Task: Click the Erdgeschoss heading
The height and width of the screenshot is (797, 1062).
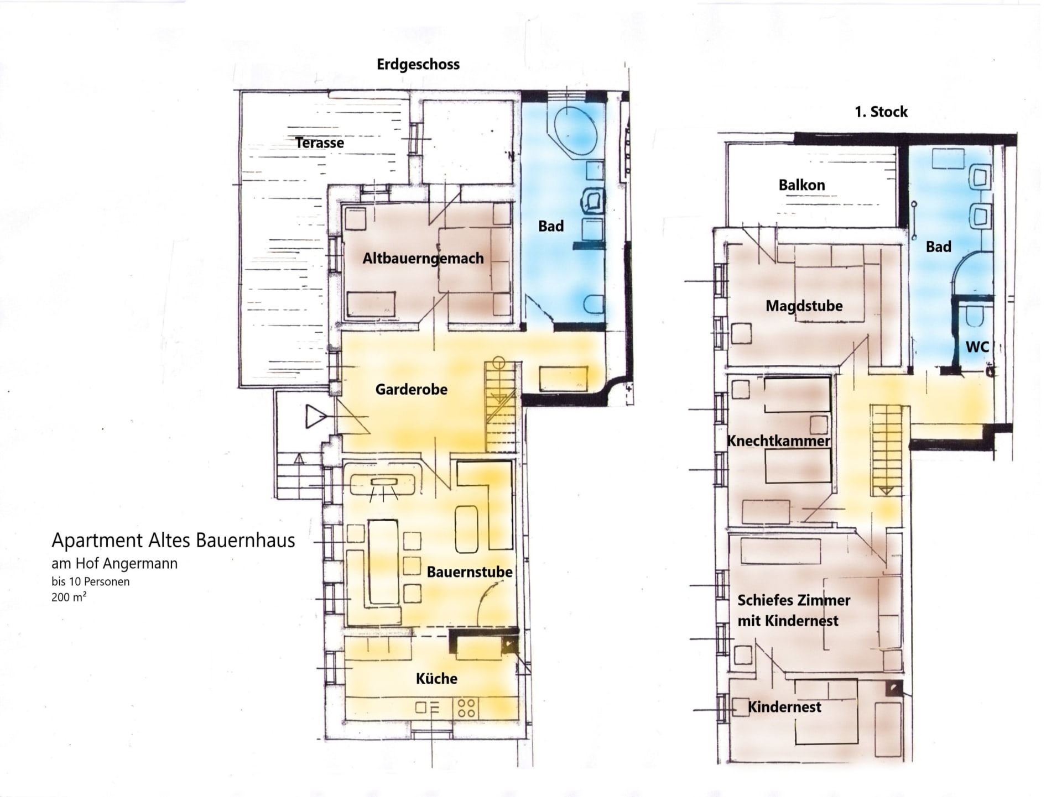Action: click(x=418, y=65)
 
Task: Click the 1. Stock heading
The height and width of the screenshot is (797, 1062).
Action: click(x=881, y=112)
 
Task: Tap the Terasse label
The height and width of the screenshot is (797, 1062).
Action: click(x=320, y=143)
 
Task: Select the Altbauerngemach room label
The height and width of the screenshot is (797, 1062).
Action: click(x=423, y=259)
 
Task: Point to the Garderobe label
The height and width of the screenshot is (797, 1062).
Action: click(x=412, y=390)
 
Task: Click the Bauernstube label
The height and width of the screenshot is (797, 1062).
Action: click(x=470, y=572)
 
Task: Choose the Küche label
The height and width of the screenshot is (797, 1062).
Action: click(x=437, y=679)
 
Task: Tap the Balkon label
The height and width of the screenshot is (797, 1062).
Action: click(x=802, y=185)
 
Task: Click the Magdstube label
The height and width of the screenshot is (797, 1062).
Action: click(x=804, y=306)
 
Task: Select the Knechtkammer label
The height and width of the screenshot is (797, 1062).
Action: click(x=778, y=441)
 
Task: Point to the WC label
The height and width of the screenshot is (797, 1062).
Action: click(x=977, y=347)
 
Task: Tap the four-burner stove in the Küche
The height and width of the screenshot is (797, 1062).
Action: click(x=466, y=708)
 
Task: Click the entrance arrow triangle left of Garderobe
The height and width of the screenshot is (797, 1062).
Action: click(x=316, y=416)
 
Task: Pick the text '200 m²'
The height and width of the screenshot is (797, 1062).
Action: click(x=69, y=597)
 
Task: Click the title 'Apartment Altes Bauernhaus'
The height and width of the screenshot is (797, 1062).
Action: click(x=173, y=541)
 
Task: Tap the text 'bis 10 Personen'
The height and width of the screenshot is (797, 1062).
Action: click(x=91, y=582)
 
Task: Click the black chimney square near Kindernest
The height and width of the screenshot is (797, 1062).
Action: click(x=894, y=688)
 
